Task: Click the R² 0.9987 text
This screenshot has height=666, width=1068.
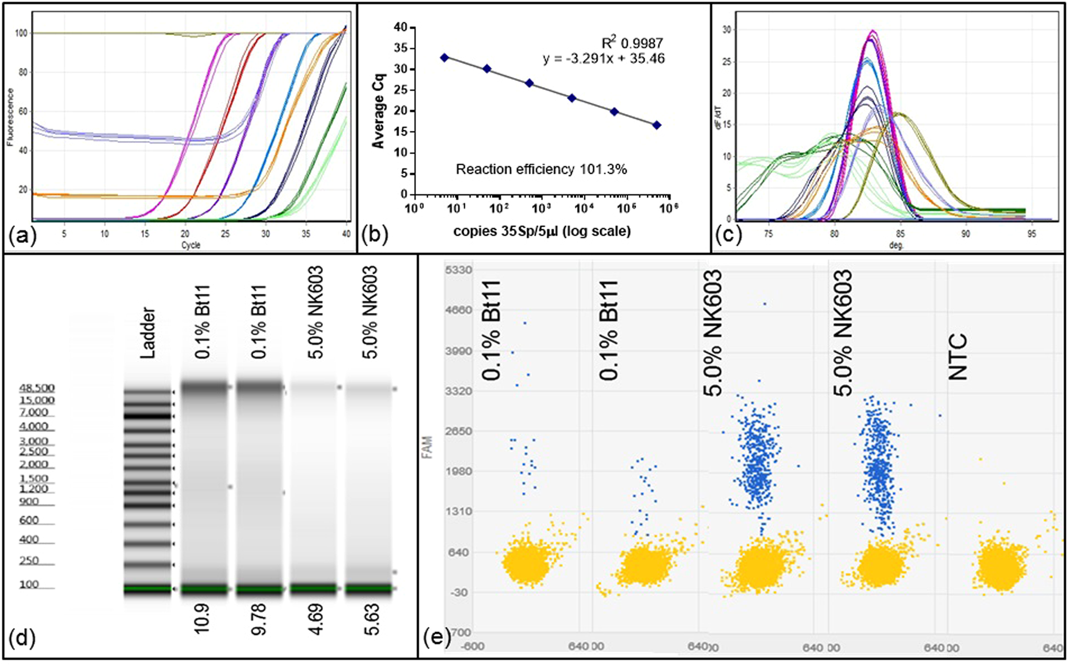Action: pos(632,43)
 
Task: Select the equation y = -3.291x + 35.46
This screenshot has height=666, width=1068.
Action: pos(604,58)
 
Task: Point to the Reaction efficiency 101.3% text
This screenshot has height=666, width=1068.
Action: pos(541,169)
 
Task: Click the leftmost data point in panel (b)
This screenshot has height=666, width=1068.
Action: pos(445,57)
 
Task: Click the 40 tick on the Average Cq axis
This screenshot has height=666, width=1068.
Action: pos(400,27)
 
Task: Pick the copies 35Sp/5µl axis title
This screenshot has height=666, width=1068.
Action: pos(541,231)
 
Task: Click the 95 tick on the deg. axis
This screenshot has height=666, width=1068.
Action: pos(1031,234)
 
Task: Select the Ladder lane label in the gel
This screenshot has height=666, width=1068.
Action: pos(147,332)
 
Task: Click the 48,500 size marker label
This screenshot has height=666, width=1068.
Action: pos(37,388)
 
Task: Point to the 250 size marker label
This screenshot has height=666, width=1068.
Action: pos(29,561)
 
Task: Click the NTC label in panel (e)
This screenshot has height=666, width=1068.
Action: pos(958,357)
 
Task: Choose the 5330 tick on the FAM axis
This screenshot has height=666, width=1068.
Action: pos(459,270)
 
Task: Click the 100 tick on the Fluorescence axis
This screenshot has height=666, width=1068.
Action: pos(21,33)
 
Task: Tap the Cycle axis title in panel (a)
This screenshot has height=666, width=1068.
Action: pos(191,245)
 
